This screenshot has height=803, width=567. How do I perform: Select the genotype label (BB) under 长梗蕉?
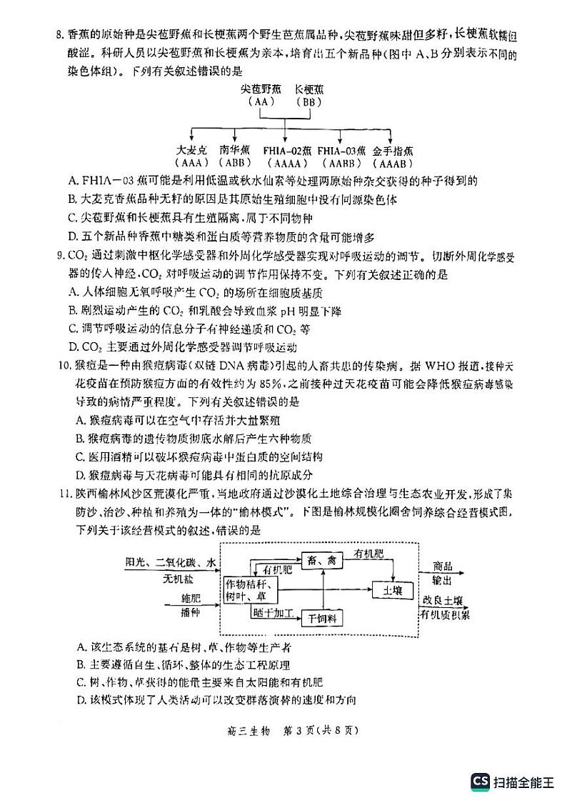(x=308, y=102)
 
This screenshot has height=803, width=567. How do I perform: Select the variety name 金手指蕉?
(x=392, y=151)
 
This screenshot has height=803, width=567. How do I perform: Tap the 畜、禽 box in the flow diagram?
(x=322, y=562)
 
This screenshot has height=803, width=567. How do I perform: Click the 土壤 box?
(x=393, y=590)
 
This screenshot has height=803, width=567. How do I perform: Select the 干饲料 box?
(x=322, y=618)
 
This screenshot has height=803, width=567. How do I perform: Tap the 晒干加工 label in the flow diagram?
(x=272, y=612)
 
